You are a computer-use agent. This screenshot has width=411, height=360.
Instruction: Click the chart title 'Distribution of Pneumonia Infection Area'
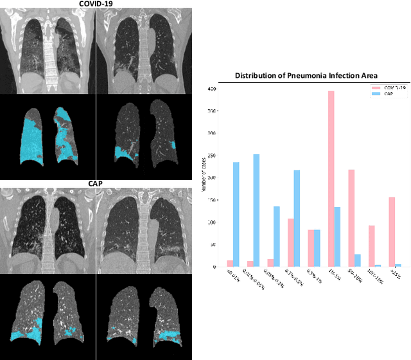point(307,75)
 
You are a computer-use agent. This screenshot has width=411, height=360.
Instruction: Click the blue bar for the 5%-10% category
point(358,260)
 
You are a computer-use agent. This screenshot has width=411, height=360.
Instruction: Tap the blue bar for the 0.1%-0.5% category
point(297,219)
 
